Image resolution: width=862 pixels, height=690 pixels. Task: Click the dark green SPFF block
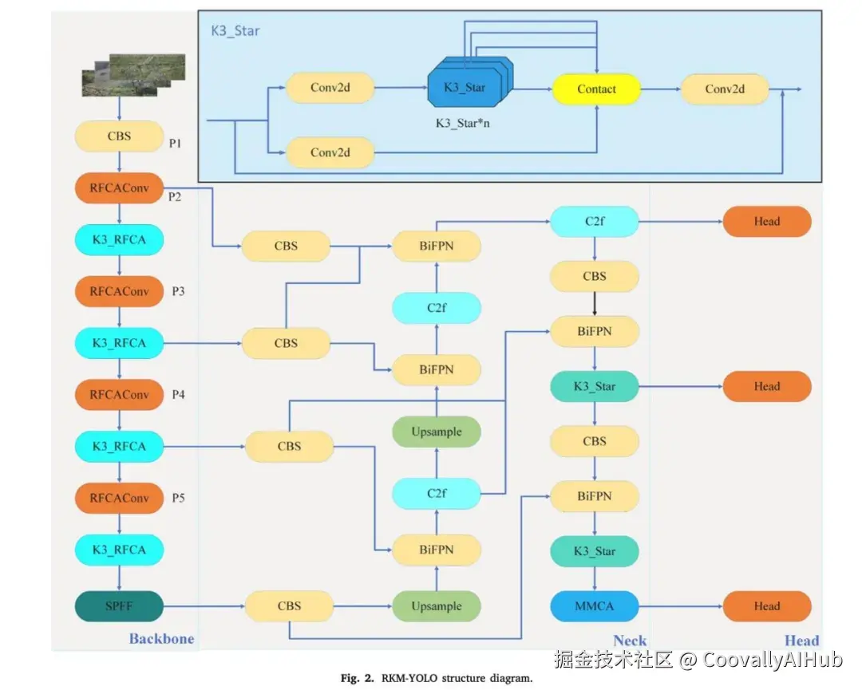119,605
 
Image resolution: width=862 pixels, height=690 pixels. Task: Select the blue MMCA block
595,605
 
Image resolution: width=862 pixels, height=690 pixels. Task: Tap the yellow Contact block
596,89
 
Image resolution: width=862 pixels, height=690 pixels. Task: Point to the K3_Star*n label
462,124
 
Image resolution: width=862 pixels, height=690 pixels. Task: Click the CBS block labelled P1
119,136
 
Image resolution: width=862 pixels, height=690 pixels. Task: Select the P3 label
178,291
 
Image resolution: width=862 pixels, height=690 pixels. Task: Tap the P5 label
178,498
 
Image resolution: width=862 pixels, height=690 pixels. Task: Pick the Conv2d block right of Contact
724,89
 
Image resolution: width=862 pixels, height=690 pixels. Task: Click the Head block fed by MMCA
766,605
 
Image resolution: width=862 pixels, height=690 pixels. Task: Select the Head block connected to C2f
766,221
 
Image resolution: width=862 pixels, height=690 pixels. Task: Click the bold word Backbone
161,638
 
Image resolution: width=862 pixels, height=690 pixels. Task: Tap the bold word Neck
629,640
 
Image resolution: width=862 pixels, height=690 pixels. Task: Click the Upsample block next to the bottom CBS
437,605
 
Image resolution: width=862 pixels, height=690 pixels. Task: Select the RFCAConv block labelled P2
119,187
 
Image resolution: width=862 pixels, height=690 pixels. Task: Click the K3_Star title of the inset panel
235,31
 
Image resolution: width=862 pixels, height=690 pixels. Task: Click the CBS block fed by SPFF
289,605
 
